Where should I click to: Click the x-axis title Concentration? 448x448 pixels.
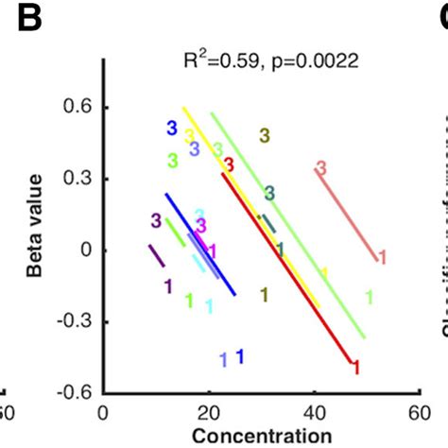259,436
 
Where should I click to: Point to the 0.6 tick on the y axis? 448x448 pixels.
80,109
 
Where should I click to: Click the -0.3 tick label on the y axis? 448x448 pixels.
78,321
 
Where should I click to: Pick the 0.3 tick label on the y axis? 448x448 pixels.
80,180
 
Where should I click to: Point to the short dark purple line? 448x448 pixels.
156,256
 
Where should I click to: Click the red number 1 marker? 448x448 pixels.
355,368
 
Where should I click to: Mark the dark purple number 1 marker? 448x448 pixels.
167,285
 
